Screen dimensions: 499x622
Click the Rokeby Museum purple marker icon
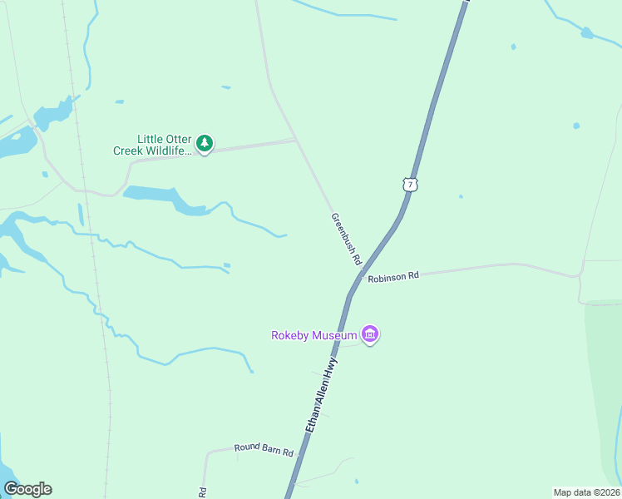(370, 335)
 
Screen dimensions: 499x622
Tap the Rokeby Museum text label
(314, 335)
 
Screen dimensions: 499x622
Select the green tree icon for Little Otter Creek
(205, 144)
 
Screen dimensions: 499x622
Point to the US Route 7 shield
(407, 184)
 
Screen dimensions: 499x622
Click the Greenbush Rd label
(347, 240)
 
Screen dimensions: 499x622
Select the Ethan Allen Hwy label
(323, 395)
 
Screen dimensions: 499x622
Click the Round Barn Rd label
(264, 452)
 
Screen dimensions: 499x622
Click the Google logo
(27, 489)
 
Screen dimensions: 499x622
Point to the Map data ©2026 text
(586, 492)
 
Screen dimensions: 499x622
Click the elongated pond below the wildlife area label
(166, 198)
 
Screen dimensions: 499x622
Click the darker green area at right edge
(605, 374)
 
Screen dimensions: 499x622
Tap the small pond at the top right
(587, 33)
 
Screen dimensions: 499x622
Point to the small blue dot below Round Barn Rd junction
(356, 482)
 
